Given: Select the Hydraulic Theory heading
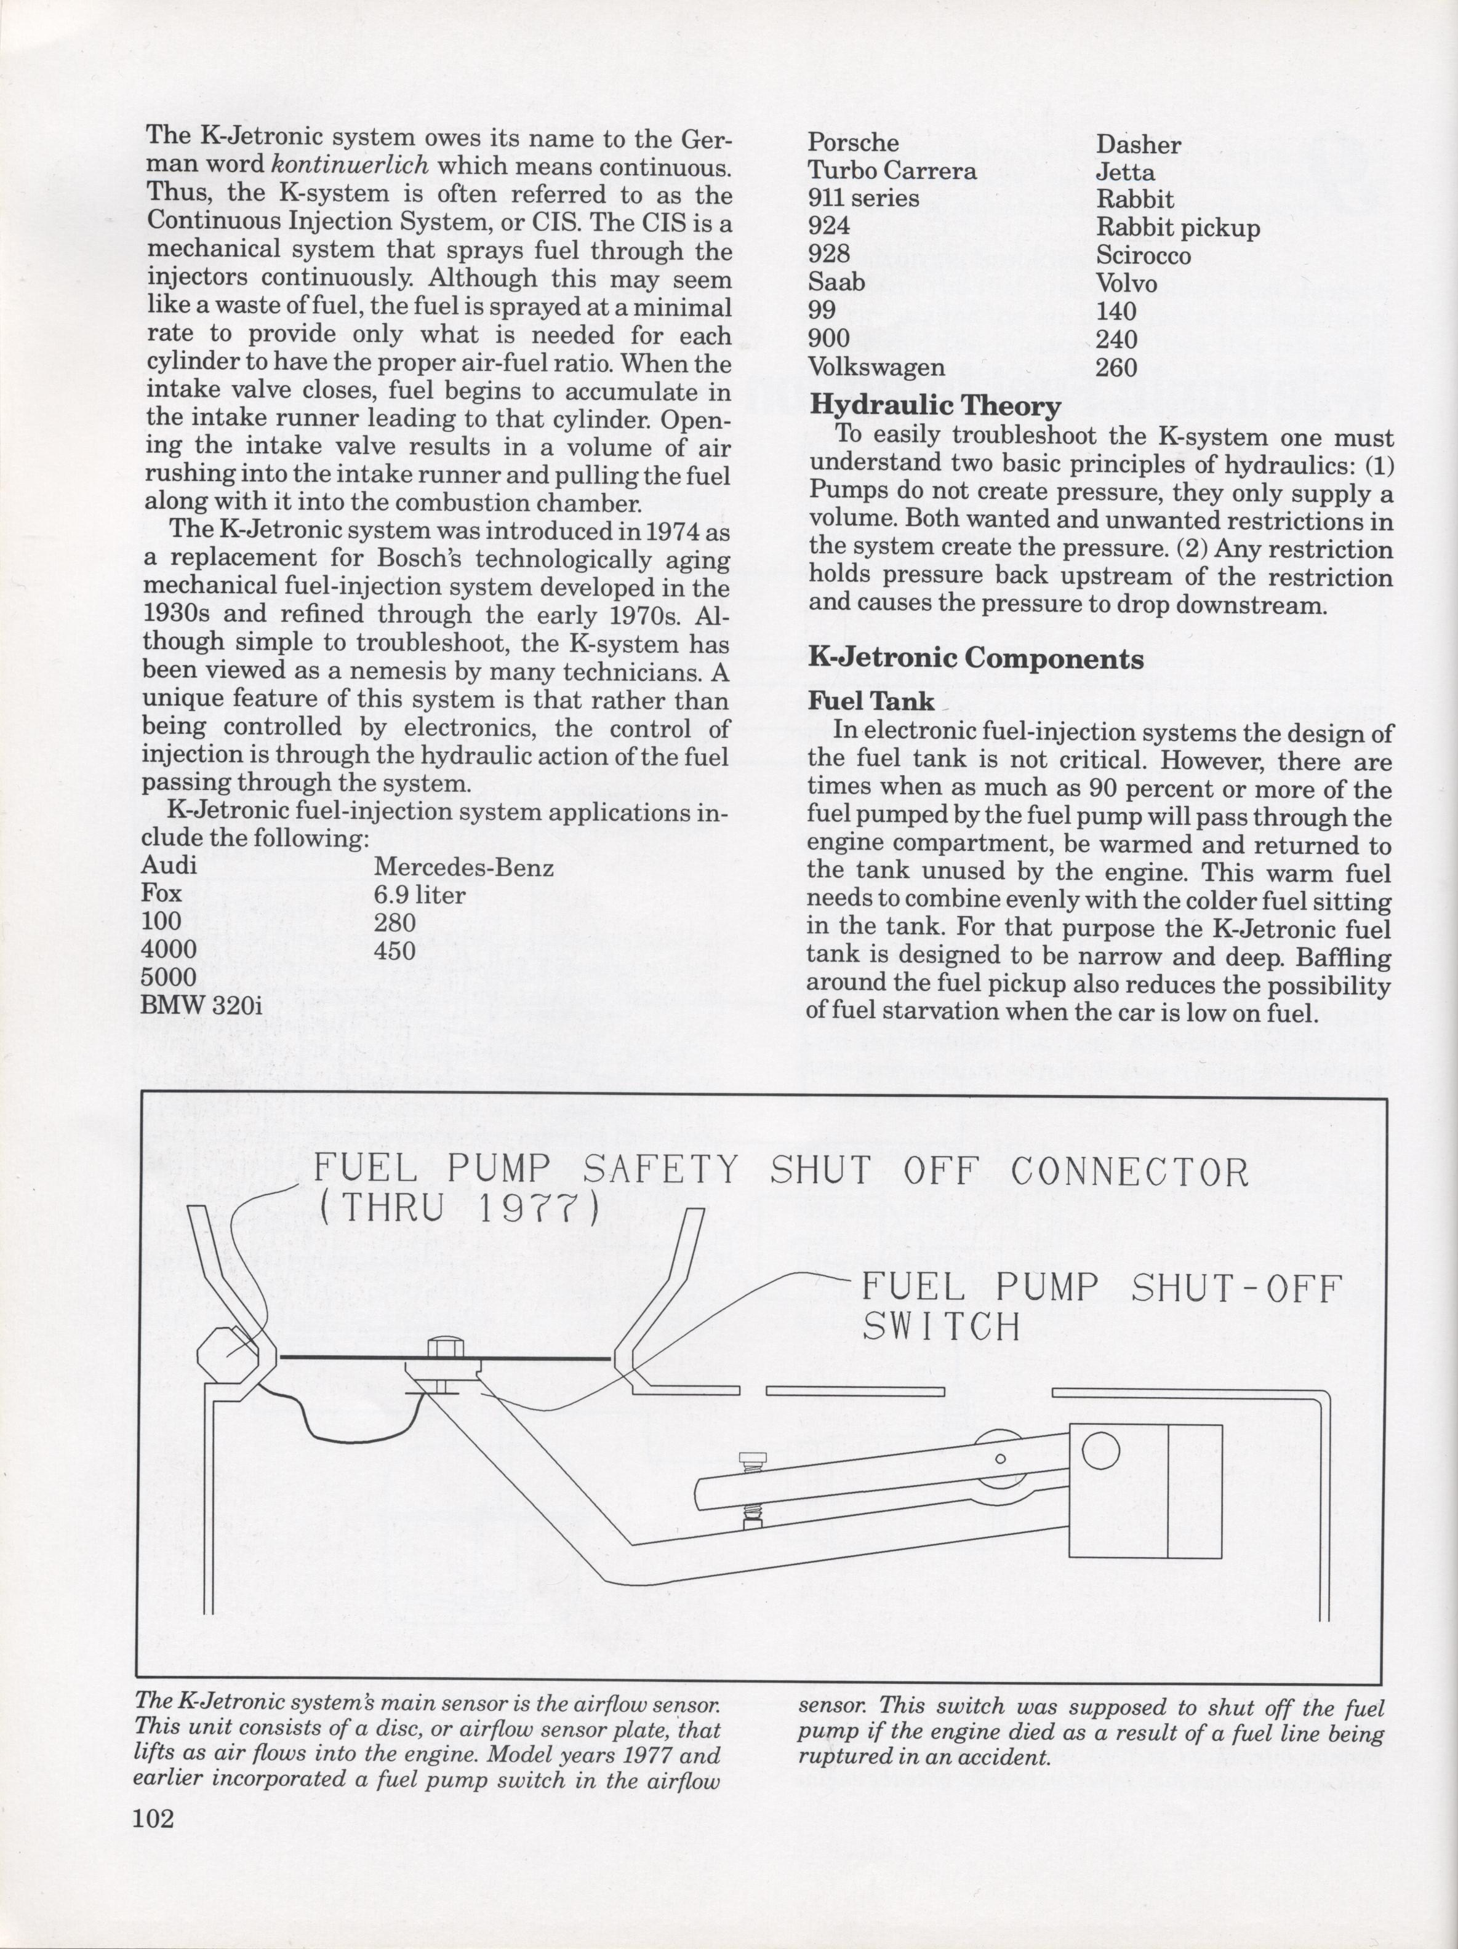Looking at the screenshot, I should point(934,406).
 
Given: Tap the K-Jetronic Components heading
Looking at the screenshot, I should point(976,658).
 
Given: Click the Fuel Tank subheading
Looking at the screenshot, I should point(871,701).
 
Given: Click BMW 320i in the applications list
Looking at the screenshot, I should point(202,1005).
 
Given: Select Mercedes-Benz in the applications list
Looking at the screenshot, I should point(463,868).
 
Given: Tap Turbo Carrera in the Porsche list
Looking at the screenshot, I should point(892,171).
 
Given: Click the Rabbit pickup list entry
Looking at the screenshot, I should point(1178,228).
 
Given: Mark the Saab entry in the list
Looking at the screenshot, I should point(836,283).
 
